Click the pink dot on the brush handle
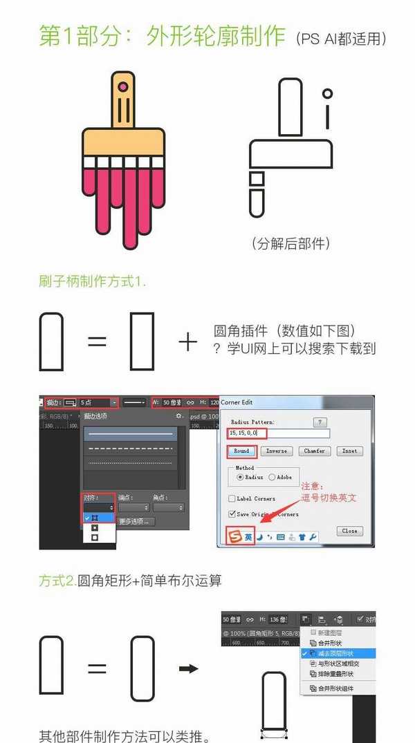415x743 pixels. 123,87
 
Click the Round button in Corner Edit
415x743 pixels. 241,451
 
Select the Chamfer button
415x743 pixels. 314,451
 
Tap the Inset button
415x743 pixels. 349,451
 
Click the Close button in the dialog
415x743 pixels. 349,531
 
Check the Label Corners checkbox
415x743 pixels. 232,498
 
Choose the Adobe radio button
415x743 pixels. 271,477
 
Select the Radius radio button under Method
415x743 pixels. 240,477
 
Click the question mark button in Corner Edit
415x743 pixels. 320,422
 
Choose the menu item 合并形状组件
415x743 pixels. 335,688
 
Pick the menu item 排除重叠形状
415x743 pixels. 335,674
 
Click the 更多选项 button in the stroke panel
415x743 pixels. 135,521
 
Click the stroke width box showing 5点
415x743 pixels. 98,402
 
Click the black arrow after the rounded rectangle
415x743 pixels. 188,669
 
